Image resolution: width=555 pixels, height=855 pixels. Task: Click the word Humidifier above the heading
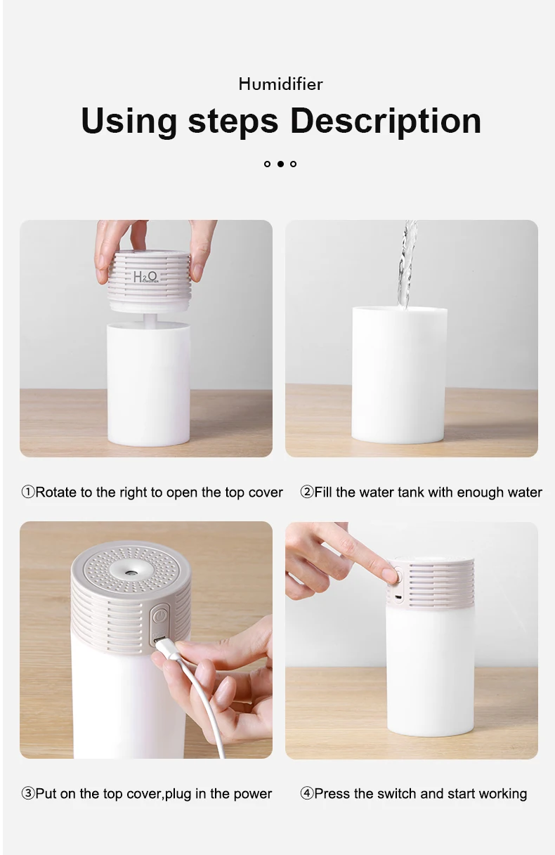click(280, 84)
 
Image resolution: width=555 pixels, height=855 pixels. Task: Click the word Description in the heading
click(385, 121)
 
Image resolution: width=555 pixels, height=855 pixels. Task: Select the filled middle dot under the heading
click(280, 164)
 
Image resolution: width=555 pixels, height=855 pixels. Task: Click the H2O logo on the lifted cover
click(145, 277)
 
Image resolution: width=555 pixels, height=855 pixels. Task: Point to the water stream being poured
click(407, 263)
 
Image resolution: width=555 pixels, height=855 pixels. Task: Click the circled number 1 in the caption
click(27, 492)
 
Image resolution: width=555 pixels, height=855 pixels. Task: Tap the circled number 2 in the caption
click(306, 492)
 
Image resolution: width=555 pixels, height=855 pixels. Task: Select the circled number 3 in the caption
click(27, 794)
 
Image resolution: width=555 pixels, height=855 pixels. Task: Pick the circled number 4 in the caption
click(306, 794)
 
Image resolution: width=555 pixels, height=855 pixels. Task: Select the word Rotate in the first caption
click(55, 492)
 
